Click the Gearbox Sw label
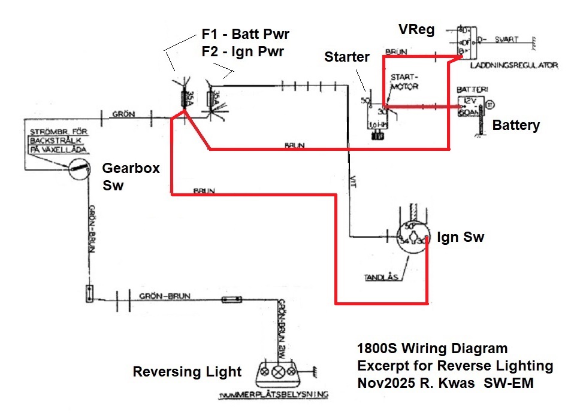click(131, 177)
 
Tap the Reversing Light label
click(187, 372)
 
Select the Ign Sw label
click(460, 237)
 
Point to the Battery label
click(516, 125)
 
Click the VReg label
click(416, 29)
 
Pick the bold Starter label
click(348, 57)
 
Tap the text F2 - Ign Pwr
click(243, 51)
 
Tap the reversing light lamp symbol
click(277, 372)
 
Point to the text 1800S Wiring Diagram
click(432, 348)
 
